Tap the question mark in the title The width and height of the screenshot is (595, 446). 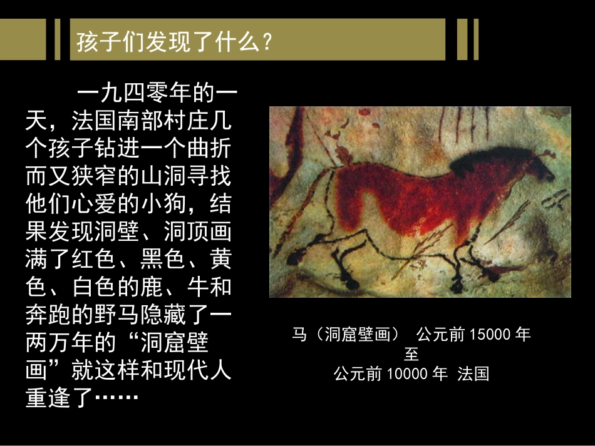[x=267, y=43]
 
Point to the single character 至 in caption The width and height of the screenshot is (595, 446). [x=411, y=355]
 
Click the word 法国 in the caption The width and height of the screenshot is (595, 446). [x=473, y=374]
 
